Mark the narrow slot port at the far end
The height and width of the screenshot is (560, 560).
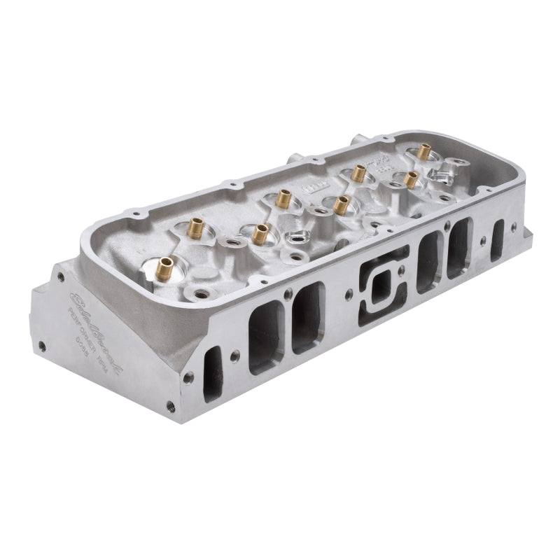[499, 239]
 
